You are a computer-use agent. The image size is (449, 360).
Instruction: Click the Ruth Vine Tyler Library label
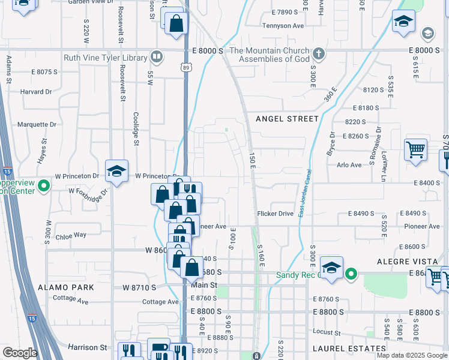106,58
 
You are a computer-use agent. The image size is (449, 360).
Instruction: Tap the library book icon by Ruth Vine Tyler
157,57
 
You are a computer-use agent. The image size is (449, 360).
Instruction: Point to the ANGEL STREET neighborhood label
287,119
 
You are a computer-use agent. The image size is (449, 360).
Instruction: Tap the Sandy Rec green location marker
352,275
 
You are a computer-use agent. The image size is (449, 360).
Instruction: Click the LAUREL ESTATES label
349,348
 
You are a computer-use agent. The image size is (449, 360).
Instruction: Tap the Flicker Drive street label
275,214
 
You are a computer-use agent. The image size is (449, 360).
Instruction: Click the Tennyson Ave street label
283,26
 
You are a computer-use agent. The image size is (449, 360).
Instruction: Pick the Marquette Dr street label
37,125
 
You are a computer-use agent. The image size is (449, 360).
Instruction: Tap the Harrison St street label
87,347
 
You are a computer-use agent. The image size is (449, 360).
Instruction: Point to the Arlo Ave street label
349,165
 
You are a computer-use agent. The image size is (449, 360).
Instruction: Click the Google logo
20,353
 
